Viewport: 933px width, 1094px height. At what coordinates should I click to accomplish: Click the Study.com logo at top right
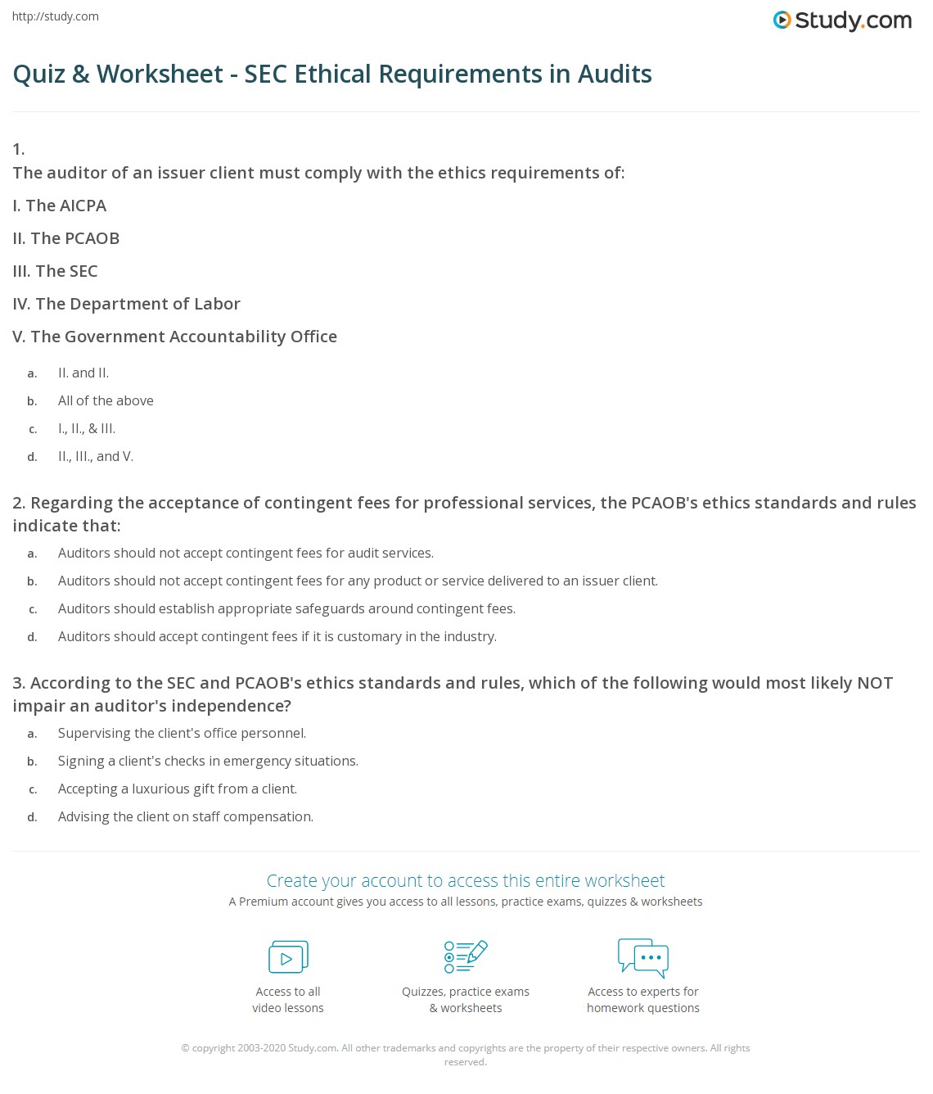tap(842, 20)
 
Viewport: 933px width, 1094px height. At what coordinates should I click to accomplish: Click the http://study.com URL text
tap(56, 16)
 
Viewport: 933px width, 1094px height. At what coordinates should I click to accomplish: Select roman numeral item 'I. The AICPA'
tap(60, 206)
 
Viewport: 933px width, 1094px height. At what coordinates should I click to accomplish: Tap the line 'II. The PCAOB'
tap(66, 238)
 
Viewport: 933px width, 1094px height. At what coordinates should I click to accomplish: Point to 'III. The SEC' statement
tap(55, 271)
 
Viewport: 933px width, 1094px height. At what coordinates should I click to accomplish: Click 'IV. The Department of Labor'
tap(126, 304)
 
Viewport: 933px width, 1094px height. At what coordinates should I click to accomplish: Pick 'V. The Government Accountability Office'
tap(174, 337)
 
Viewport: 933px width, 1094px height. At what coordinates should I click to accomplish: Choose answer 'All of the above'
tap(106, 400)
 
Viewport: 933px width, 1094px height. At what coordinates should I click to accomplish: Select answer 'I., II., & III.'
tap(87, 428)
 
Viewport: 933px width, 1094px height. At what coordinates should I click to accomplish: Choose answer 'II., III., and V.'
tap(96, 456)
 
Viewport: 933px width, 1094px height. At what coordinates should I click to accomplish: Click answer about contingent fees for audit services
tap(246, 553)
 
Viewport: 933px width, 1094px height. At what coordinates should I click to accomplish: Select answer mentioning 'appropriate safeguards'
tap(286, 608)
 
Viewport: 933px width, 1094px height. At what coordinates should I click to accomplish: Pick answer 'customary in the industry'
tap(277, 636)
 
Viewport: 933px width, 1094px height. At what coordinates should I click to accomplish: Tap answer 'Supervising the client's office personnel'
tap(182, 733)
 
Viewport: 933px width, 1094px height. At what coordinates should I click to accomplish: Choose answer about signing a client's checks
tap(208, 761)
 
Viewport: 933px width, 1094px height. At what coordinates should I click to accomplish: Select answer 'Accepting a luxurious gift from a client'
tap(178, 789)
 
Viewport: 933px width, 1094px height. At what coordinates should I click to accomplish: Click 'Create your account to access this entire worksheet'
tap(466, 880)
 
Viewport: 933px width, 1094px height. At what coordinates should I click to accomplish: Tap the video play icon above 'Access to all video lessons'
tap(288, 956)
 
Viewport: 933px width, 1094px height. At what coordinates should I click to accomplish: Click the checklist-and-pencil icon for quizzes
tap(466, 956)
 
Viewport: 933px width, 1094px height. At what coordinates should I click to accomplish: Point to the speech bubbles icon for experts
tap(643, 957)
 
